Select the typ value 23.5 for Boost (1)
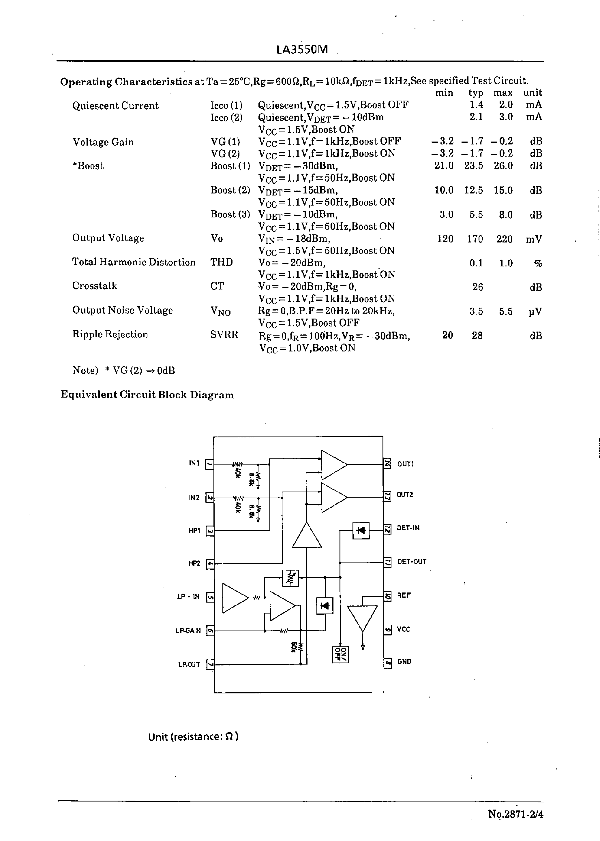coord(474,166)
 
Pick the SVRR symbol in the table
coord(224,335)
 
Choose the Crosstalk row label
coord(95,286)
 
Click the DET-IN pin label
coord(408,528)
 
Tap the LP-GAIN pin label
coord(188,631)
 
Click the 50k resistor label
coord(294,647)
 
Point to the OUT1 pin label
coord(405,464)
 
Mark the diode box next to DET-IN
coord(361,530)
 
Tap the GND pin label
coord(404,662)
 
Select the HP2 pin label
coord(194,563)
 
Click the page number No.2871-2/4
coord(515,814)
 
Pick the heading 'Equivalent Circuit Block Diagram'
coord(147,395)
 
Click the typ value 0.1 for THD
coord(476,263)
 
